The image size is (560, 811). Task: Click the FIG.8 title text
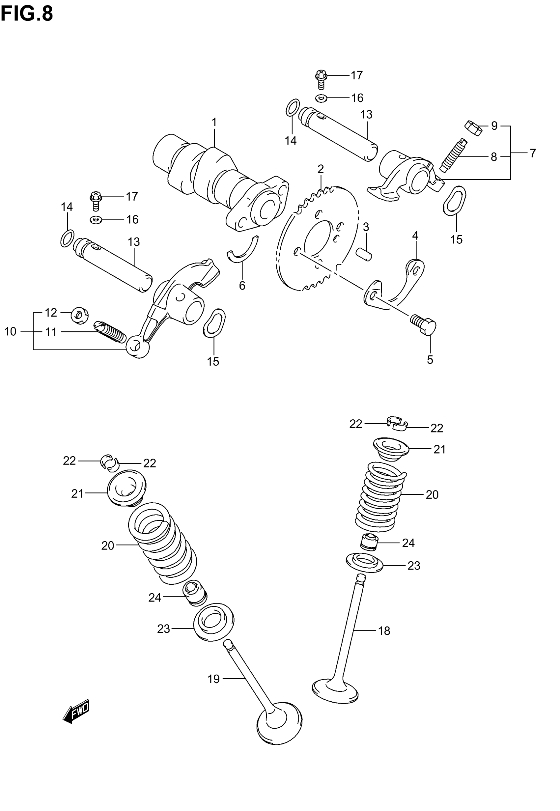pyautogui.click(x=27, y=14)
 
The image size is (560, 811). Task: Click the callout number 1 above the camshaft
pyautogui.click(x=214, y=123)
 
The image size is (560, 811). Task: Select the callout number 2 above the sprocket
pyautogui.click(x=320, y=169)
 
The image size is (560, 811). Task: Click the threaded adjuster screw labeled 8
pyautogui.click(x=453, y=155)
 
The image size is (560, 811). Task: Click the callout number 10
pyautogui.click(x=11, y=331)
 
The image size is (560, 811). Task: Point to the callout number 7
pyautogui.click(x=533, y=153)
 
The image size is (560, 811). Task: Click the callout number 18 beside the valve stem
pyautogui.click(x=384, y=631)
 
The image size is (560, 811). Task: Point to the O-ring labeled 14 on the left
pyautogui.click(x=67, y=238)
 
